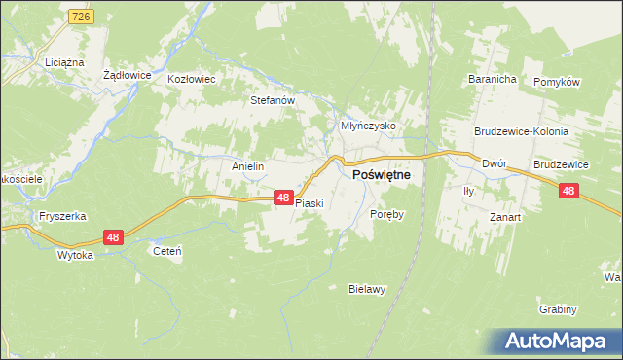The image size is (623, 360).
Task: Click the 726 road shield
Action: tap(81, 18)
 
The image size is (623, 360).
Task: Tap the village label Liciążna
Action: tap(61, 61)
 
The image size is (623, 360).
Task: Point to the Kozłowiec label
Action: tap(191, 79)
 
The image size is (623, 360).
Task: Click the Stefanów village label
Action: tap(273, 99)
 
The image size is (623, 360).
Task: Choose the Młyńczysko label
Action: tap(367, 126)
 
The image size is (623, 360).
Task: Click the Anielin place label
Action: tap(247, 166)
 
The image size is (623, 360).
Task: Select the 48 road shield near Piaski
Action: tap(282, 198)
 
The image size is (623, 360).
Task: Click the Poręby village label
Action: tap(386, 213)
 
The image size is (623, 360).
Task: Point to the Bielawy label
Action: tap(368, 288)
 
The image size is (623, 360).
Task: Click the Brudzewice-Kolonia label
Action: tap(521, 131)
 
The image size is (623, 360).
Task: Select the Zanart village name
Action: tap(505, 217)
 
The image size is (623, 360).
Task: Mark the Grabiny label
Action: tap(558, 309)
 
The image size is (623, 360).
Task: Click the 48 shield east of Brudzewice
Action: tap(569, 192)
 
